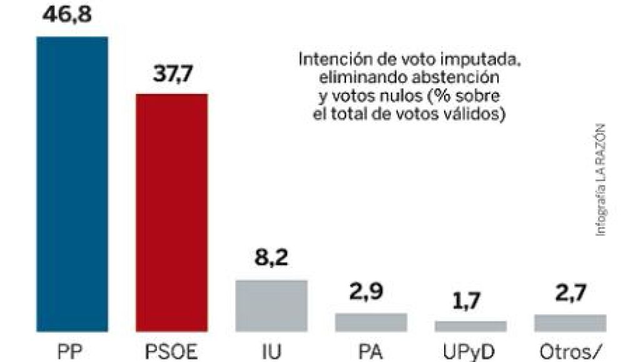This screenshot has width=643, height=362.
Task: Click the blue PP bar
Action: click(72, 184)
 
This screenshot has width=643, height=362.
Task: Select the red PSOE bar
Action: click(171, 212)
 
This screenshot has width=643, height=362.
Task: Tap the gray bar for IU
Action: click(271, 305)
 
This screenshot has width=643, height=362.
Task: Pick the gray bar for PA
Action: click(371, 322)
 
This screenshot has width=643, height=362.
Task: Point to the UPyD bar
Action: click(470, 326)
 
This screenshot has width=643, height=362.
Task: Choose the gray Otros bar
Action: click(570, 323)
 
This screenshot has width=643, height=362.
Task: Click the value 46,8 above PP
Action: click(72, 13)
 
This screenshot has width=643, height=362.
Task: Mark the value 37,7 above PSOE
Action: click(172, 75)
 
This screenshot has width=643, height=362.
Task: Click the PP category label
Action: click(72, 351)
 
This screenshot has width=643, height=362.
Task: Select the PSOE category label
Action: click(171, 351)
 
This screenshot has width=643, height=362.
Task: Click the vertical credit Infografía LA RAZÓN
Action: click(602, 178)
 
